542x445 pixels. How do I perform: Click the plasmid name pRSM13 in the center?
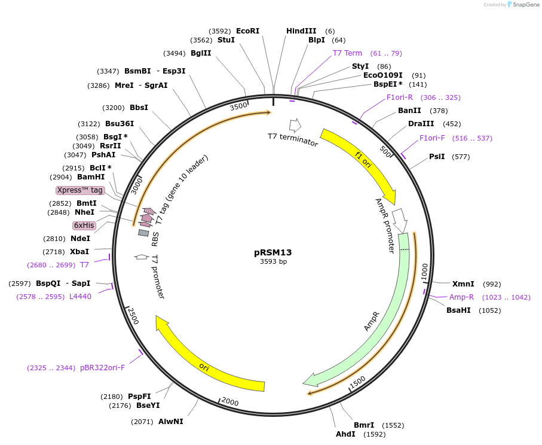[x=272, y=252]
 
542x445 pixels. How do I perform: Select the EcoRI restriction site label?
[x=247, y=31]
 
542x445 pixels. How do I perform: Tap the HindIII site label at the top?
[x=301, y=31]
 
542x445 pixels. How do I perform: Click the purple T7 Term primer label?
[x=347, y=53]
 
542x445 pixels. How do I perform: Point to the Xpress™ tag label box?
[x=80, y=190]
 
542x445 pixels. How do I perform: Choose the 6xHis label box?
[x=84, y=225]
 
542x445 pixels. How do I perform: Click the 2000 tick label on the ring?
[x=230, y=402]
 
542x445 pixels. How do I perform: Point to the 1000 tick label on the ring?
[x=424, y=271]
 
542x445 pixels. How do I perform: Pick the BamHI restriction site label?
[x=91, y=177]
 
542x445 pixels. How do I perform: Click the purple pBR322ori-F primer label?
[x=102, y=368]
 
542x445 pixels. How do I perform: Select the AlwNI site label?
[x=171, y=422]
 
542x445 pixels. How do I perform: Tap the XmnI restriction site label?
[x=463, y=284]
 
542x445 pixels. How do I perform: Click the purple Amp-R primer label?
[x=461, y=297]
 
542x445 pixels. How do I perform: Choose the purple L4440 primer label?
[x=80, y=296]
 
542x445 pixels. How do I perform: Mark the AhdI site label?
[x=345, y=434]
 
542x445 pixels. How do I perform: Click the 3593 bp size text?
[x=273, y=261]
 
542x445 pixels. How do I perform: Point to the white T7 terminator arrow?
[x=295, y=126]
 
